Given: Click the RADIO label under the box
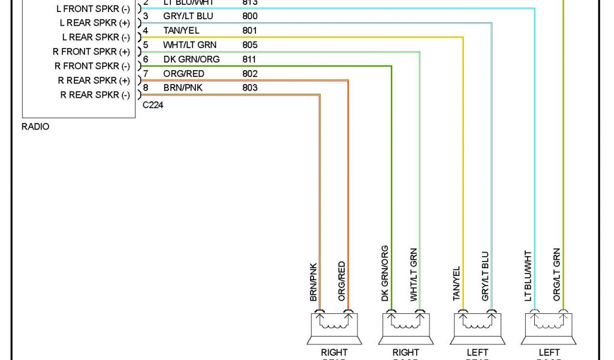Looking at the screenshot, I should [x=35, y=127].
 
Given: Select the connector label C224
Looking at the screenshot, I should [x=153, y=105].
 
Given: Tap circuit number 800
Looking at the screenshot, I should [x=250, y=16].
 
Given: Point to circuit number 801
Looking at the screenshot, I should [x=250, y=31].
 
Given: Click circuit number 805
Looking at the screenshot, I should [x=250, y=45].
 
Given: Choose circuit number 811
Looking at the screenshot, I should [x=249, y=59].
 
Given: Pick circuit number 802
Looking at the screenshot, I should [x=250, y=74].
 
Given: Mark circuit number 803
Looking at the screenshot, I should [x=250, y=88].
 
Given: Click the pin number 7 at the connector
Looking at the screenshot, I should [x=146, y=74].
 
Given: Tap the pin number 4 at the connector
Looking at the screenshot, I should [x=146, y=31].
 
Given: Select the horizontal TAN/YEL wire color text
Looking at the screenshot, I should [x=181, y=31].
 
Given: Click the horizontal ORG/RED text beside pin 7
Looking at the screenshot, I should [x=183, y=74].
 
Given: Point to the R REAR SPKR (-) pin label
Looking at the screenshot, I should [x=95, y=95].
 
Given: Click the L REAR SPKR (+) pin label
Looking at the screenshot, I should [x=95, y=23].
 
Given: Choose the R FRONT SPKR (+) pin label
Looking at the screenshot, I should [x=91, y=52].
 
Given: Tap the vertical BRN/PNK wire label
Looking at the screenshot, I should [x=313, y=281].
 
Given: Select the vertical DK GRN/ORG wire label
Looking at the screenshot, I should [x=384, y=273].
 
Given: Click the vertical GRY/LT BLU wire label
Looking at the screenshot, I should [x=485, y=276].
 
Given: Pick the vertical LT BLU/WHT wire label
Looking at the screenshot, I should [x=528, y=275].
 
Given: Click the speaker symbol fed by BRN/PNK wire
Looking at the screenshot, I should [x=334, y=326].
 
